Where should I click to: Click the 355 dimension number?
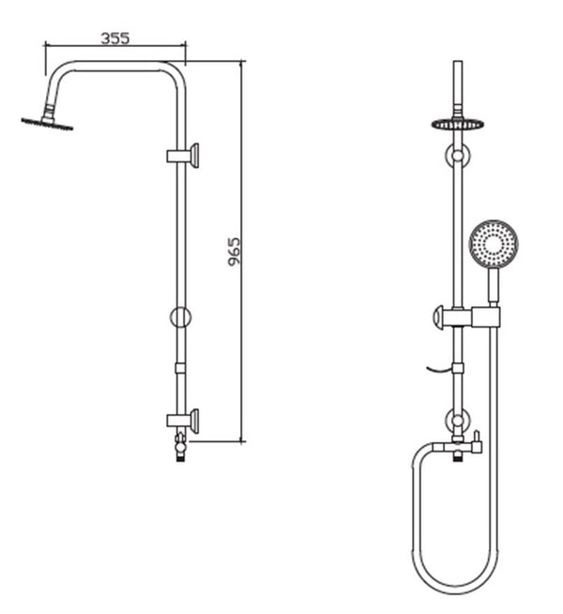click(x=114, y=38)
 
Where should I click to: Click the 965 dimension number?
click(x=235, y=251)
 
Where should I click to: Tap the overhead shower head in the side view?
click(x=44, y=121)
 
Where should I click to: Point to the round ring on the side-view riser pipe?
click(x=181, y=315)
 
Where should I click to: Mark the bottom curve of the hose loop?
click(x=455, y=589)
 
